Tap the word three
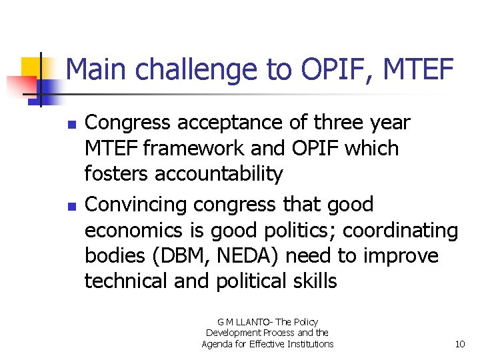(327, 123)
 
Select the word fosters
(117, 174)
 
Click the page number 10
(459, 344)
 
